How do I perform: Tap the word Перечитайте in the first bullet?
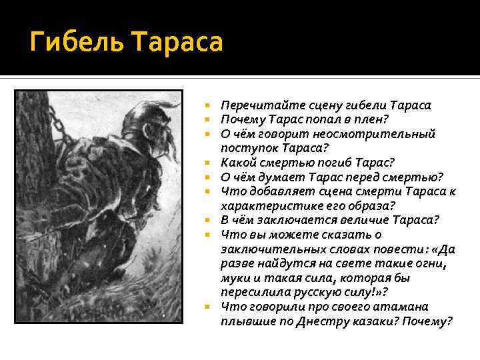pyautogui.click(x=256, y=105)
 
